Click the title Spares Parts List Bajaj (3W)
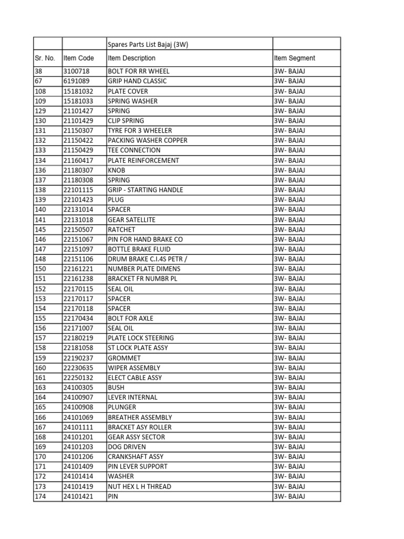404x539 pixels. coord(148,45)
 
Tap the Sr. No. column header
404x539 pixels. coord(45,58)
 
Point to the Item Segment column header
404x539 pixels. coord(295,58)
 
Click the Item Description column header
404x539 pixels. coord(132,58)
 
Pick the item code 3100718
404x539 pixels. coord(76,71)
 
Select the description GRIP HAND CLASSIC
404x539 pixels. coord(137,81)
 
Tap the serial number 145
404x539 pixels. coord(41,229)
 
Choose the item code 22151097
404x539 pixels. coord(78,249)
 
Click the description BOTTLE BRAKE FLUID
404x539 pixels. coord(139,249)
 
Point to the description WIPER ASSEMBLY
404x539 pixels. coord(134,368)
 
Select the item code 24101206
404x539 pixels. coord(78,457)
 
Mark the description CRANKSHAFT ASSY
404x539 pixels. coord(135,457)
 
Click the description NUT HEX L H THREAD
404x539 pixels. coord(139,486)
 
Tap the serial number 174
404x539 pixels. coord(41,496)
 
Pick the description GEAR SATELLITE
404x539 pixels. coord(132,219)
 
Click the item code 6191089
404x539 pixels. coord(76,81)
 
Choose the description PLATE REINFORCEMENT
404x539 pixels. coord(143,160)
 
